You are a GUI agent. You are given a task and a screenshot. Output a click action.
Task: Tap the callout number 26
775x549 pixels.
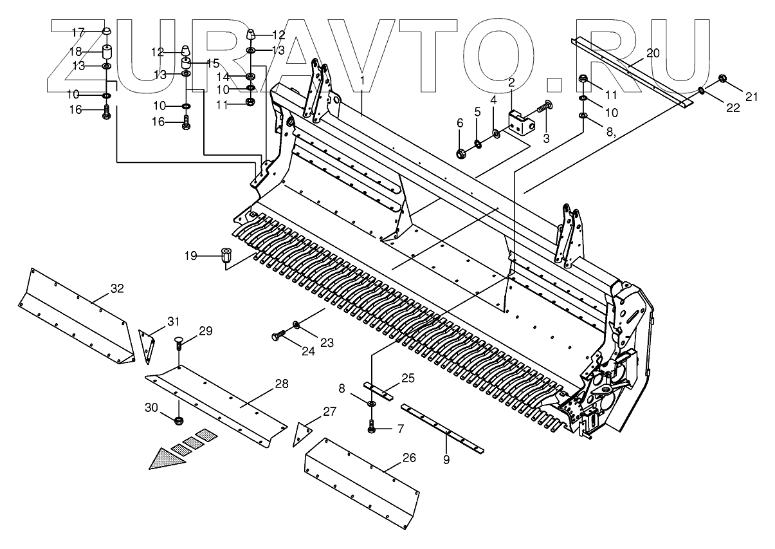[x=409, y=458]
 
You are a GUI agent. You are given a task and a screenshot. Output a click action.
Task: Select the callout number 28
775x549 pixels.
[x=281, y=384]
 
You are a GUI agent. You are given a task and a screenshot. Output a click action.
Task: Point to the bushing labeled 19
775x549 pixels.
[x=226, y=255]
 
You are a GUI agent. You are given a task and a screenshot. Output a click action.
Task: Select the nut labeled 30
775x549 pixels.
[x=179, y=421]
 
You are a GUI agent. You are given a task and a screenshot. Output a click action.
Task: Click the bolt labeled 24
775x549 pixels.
[x=278, y=335]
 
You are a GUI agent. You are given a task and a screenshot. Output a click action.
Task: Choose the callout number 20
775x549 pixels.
[x=652, y=53]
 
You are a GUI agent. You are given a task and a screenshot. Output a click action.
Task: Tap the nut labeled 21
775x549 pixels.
[x=722, y=79]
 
